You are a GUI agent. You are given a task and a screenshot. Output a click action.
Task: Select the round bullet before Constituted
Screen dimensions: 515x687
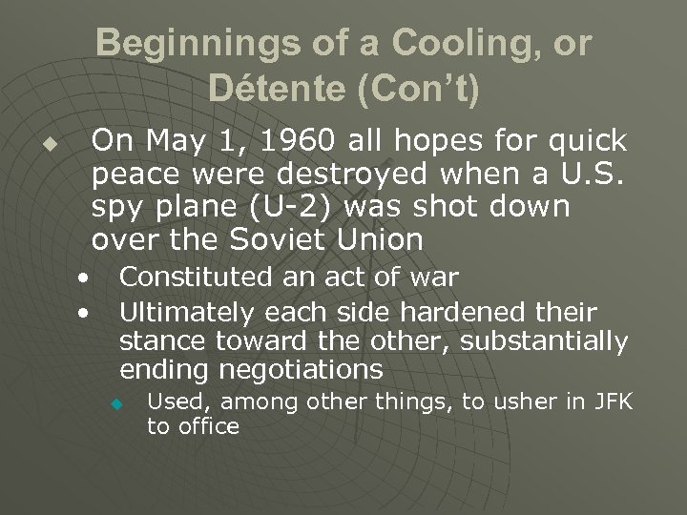(x=85, y=279)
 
